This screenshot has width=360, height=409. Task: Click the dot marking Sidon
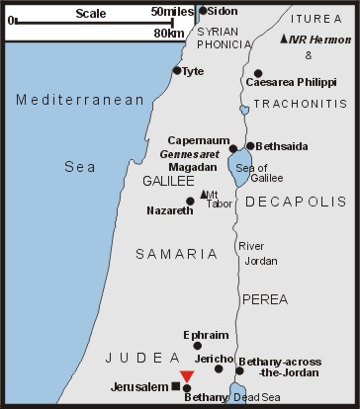tap(204, 11)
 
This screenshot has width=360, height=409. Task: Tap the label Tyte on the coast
tap(193, 70)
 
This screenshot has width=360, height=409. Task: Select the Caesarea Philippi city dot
tap(258, 73)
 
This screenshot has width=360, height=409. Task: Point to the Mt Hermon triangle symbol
tap(285, 39)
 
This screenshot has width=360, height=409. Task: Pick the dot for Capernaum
tap(233, 149)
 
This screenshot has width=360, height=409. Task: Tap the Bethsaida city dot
tap(250, 145)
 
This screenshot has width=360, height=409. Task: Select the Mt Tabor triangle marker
tap(204, 194)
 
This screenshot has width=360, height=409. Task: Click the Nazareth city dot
tap(191, 202)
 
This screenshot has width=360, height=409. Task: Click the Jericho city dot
tap(219, 368)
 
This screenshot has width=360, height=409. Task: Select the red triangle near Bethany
tap(187, 375)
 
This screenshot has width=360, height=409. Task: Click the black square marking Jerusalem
tap(176, 385)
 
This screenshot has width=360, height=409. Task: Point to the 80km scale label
tap(170, 34)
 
